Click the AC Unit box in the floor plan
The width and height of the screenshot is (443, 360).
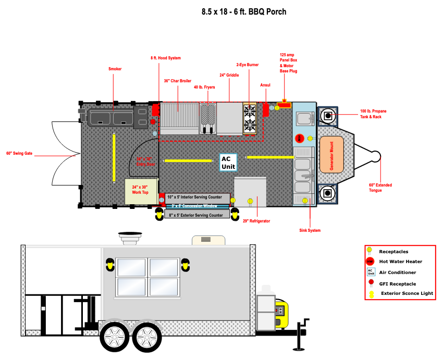click(228, 163)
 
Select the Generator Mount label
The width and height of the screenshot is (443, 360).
click(331, 154)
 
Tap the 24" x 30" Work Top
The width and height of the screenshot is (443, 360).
click(140, 191)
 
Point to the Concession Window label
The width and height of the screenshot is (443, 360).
click(197, 206)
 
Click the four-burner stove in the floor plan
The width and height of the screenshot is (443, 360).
click(250, 118)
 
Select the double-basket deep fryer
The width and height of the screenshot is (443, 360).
click(208, 118)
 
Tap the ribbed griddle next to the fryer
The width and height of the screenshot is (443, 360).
click(179, 118)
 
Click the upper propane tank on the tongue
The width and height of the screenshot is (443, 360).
click(327, 116)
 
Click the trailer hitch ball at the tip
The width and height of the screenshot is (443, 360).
click(375, 156)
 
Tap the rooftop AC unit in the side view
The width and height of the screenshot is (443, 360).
click(208, 240)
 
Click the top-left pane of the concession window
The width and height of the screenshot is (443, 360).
click(131, 267)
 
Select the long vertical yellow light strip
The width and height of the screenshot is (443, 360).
click(114, 157)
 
